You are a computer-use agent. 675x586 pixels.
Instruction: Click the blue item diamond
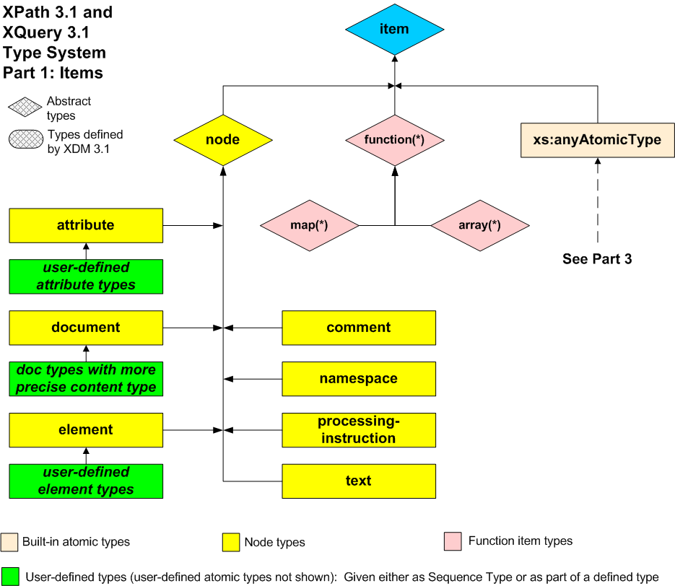[x=394, y=30]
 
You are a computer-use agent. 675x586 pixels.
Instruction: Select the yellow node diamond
[x=222, y=140]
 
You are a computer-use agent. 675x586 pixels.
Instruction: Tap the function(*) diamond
[x=394, y=140]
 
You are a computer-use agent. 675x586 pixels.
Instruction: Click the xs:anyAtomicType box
[x=597, y=140]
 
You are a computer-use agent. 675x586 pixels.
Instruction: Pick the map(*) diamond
[x=310, y=225]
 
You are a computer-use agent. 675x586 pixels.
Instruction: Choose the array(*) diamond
[x=479, y=225]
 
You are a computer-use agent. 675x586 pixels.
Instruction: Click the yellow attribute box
[x=86, y=225]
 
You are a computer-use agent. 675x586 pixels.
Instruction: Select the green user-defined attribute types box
[x=86, y=276]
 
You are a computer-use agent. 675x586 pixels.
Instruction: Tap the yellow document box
[x=86, y=328]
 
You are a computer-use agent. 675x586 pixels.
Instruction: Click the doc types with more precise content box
[x=86, y=379]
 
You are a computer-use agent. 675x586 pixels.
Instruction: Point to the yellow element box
[x=86, y=430]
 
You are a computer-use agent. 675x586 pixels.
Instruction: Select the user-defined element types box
[x=86, y=481]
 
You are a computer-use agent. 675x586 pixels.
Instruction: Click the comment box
[x=359, y=328]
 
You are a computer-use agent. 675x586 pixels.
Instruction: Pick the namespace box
[x=359, y=379]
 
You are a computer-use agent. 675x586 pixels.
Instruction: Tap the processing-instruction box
[x=359, y=430]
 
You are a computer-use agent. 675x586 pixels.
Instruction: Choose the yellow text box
[x=359, y=481]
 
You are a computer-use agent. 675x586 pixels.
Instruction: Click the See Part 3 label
[x=597, y=259]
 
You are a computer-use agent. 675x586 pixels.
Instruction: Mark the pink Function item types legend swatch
[x=453, y=541]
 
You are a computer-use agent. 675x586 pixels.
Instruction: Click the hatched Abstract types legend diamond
[x=25, y=108]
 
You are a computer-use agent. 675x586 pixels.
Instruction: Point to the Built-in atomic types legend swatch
[x=10, y=541]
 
